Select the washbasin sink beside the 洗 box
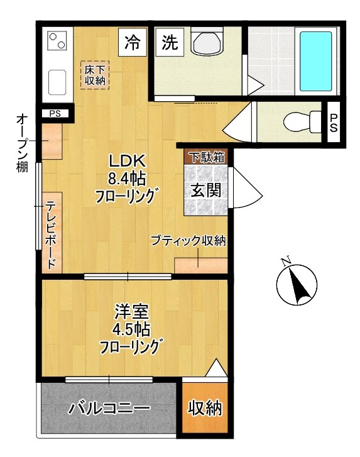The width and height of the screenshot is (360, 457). (207, 43)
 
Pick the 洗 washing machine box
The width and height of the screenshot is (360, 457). (170, 43)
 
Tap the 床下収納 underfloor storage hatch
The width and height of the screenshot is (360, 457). (95, 74)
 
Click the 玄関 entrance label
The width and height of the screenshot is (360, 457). (205, 189)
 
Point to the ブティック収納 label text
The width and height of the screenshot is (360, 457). (187, 241)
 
